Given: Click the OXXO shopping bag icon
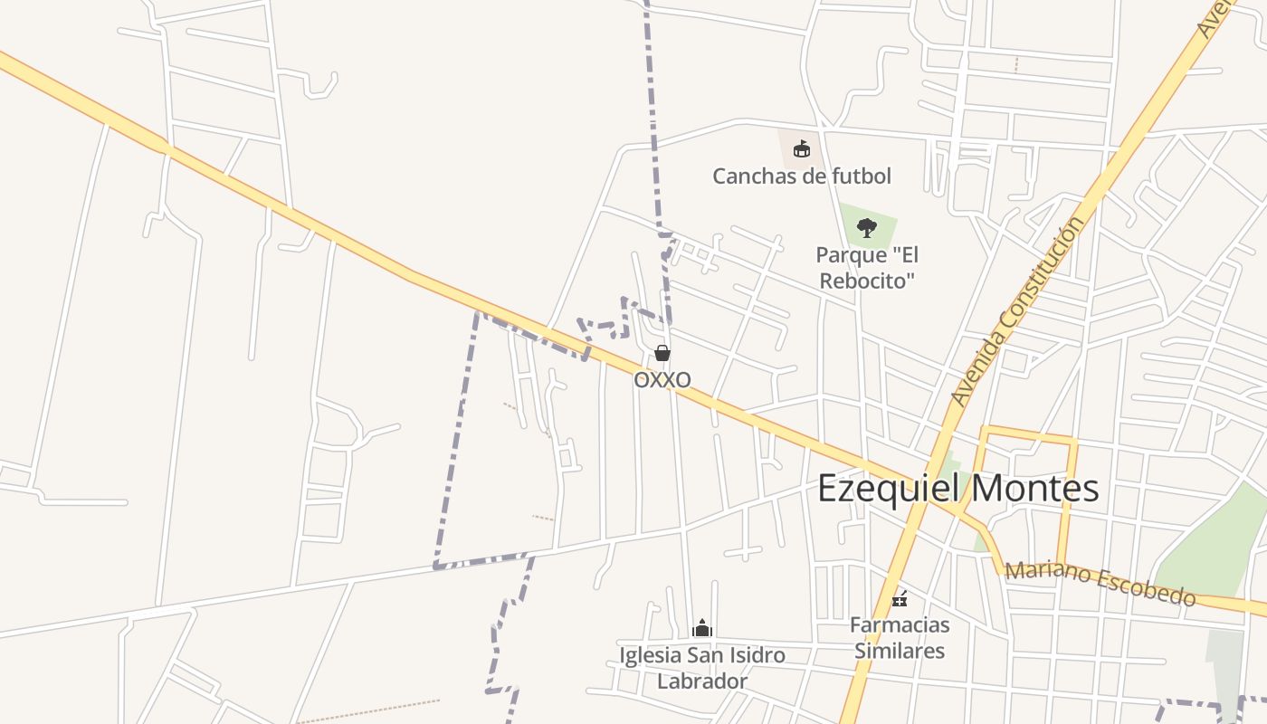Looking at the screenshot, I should (662, 353).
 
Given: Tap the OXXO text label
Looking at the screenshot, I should (662, 379).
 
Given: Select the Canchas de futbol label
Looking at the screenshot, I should (801, 176).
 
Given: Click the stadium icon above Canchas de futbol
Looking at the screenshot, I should (801, 149).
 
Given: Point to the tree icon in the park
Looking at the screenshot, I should (867, 227).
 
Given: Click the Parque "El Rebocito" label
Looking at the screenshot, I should (867, 268).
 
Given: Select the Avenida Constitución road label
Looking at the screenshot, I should (1017, 311).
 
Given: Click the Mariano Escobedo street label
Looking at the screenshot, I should (1100, 584).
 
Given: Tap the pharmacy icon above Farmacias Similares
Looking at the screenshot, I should (900, 598).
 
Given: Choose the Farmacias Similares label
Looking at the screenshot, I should (900, 637).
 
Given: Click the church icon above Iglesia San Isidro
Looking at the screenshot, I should (702, 627).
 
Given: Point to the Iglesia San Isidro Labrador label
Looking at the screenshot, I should (702, 668).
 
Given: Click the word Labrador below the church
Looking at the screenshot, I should (702, 681).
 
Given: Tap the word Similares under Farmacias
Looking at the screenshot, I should (900, 651).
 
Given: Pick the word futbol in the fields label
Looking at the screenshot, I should (861, 176).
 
